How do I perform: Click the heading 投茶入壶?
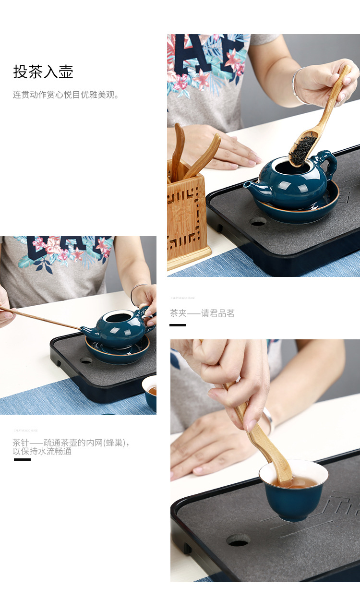pos(43,72)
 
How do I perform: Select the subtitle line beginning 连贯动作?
pos(66,95)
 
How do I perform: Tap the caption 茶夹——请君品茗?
pos(202,313)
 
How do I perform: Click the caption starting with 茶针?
pos(71,447)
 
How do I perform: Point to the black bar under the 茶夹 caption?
pos(178,325)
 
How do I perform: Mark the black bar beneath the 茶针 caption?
pos(22,459)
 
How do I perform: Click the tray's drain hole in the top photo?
pos(258,221)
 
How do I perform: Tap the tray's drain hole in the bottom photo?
pos(238,540)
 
